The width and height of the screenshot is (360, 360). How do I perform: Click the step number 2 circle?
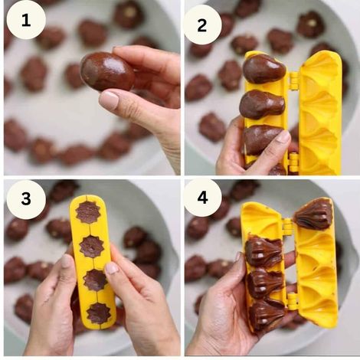point(202,24)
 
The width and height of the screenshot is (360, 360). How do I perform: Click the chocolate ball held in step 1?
point(106,71)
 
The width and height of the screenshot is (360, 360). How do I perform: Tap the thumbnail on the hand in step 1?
point(110,100)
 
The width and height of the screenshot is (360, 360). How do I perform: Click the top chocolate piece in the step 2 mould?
point(264,69)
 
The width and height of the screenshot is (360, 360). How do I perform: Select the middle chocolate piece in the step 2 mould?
point(262,104)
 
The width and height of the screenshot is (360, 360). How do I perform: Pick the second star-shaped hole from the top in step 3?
point(92,246)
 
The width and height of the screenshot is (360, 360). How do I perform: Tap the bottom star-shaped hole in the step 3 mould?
point(97,313)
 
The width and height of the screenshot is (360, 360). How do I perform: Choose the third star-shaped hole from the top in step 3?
point(95,280)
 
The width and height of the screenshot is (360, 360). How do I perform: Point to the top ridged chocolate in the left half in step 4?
point(265,250)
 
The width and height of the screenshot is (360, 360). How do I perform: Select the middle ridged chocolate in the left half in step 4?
point(266,282)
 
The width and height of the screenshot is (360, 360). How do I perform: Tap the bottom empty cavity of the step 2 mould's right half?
point(318,158)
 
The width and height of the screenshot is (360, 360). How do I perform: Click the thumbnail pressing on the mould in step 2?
point(283,137)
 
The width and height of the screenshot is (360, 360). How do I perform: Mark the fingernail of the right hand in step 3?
point(112,268)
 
